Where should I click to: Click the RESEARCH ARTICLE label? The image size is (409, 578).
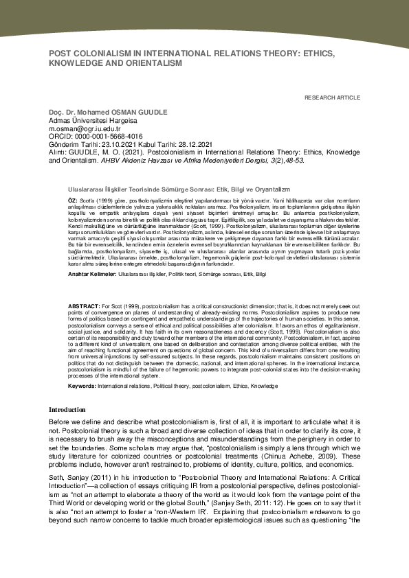[333, 98]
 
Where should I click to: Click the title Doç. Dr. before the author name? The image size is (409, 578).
[60, 112]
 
